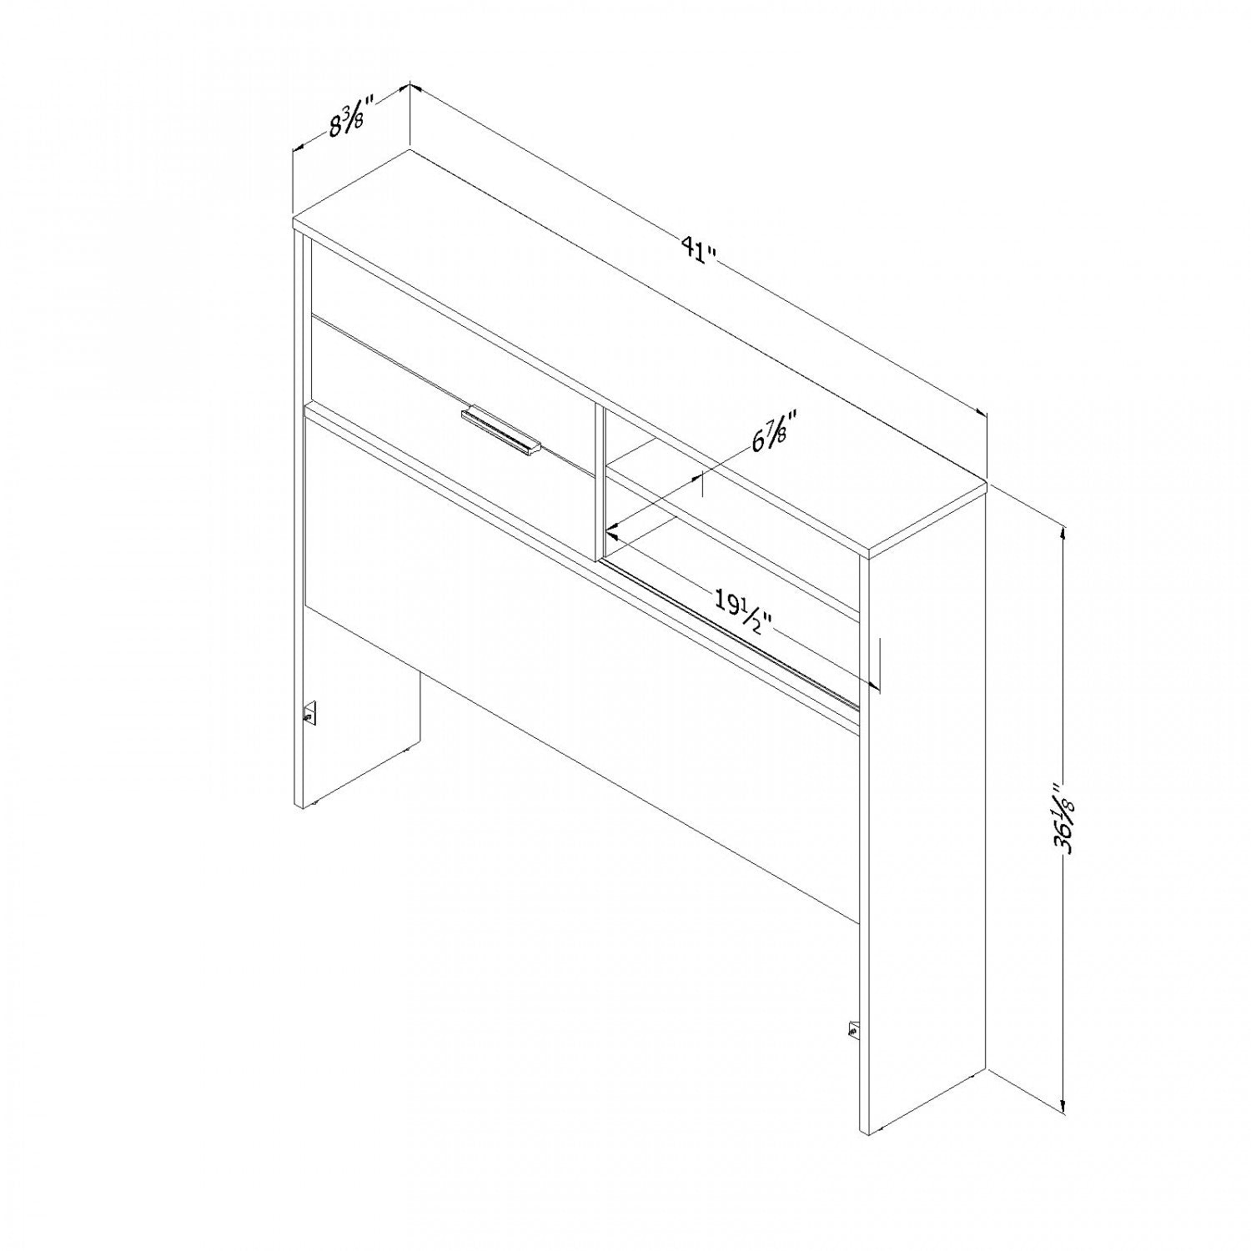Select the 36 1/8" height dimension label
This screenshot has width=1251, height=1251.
click(1061, 821)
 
